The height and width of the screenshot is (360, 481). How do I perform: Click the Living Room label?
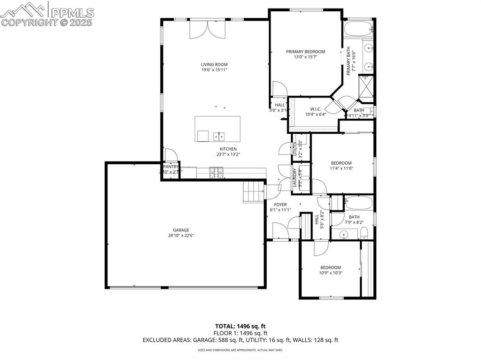click(x=214, y=65)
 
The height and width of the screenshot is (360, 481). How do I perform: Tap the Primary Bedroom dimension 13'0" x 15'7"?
click(x=305, y=57)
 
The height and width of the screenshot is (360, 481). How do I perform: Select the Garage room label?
click(x=180, y=230)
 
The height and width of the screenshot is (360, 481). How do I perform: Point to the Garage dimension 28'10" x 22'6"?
click(x=180, y=236)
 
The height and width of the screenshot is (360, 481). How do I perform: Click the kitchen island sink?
click(x=218, y=136)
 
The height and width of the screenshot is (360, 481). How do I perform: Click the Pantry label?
click(x=171, y=167)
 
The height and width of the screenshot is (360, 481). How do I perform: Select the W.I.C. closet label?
click(x=315, y=109)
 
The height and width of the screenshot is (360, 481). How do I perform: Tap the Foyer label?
click(x=280, y=205)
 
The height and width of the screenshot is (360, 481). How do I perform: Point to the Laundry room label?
click(x=295, y=178)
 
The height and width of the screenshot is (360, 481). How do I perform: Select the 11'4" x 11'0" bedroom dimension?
click(x=341, y=169)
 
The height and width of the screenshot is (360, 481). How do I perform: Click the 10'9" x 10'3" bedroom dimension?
click(x=330, y=273)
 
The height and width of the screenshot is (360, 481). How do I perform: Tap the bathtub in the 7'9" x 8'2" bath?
click(x=358, y=203)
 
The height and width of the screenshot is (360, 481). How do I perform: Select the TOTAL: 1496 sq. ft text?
click(x=240, y=326)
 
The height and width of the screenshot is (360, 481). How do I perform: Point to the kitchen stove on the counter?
click(x=217, y=173)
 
